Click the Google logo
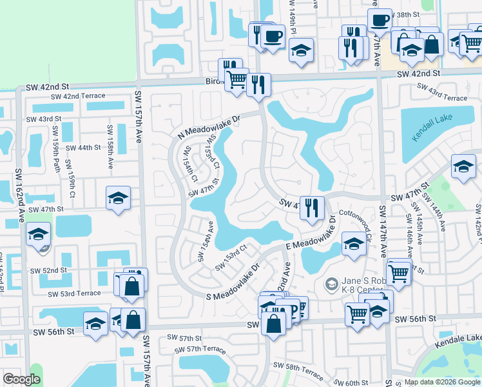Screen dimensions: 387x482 pyautogui.click(x=22, y=379)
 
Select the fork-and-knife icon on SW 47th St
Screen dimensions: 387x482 pyautogui.click(x=312, y=208)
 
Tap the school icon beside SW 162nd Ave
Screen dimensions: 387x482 pyautogui.click(x=39, y=233)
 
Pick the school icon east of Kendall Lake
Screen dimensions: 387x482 pyautogui.click(x=463, y=167)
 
